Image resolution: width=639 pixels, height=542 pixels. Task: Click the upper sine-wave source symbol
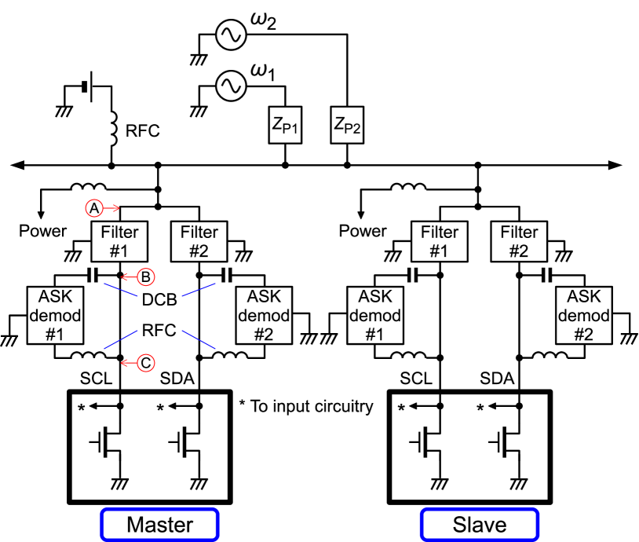[x=232, y=35]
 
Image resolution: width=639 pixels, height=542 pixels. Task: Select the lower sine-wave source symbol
[x=232, y=86]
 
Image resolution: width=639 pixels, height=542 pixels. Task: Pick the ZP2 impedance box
[x=348, y=125]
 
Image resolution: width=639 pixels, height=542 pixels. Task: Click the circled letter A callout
[x=93, y=208]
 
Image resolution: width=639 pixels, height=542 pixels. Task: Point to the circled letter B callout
[x=144, y=276]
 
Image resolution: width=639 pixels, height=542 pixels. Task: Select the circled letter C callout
[x=144, y=363]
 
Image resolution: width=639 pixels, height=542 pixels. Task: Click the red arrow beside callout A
[x=111, y=208]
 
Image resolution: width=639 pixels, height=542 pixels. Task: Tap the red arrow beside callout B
[x=128, y=276]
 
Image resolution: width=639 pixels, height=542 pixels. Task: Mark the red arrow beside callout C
[x=128, y=363]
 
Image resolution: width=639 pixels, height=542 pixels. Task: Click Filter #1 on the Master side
[x=119, y=241]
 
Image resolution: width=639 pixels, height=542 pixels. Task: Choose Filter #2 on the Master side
[x=199, y=241]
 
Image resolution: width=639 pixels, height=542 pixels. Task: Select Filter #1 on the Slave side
[x=440, y=241]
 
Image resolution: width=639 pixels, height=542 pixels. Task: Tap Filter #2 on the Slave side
[x=520, y=241]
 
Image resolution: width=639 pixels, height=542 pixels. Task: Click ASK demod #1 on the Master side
[x=55, y=315]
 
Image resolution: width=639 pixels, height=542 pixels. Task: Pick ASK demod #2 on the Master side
[x=264, y=315]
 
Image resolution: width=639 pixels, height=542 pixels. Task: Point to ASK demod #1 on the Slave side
[x=375, y=315]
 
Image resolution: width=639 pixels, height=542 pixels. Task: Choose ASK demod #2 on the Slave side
[x=584, y=315]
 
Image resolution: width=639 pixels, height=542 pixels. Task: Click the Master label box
[x=159, y=524]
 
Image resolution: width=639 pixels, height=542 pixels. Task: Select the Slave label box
[x=480, y=524]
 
